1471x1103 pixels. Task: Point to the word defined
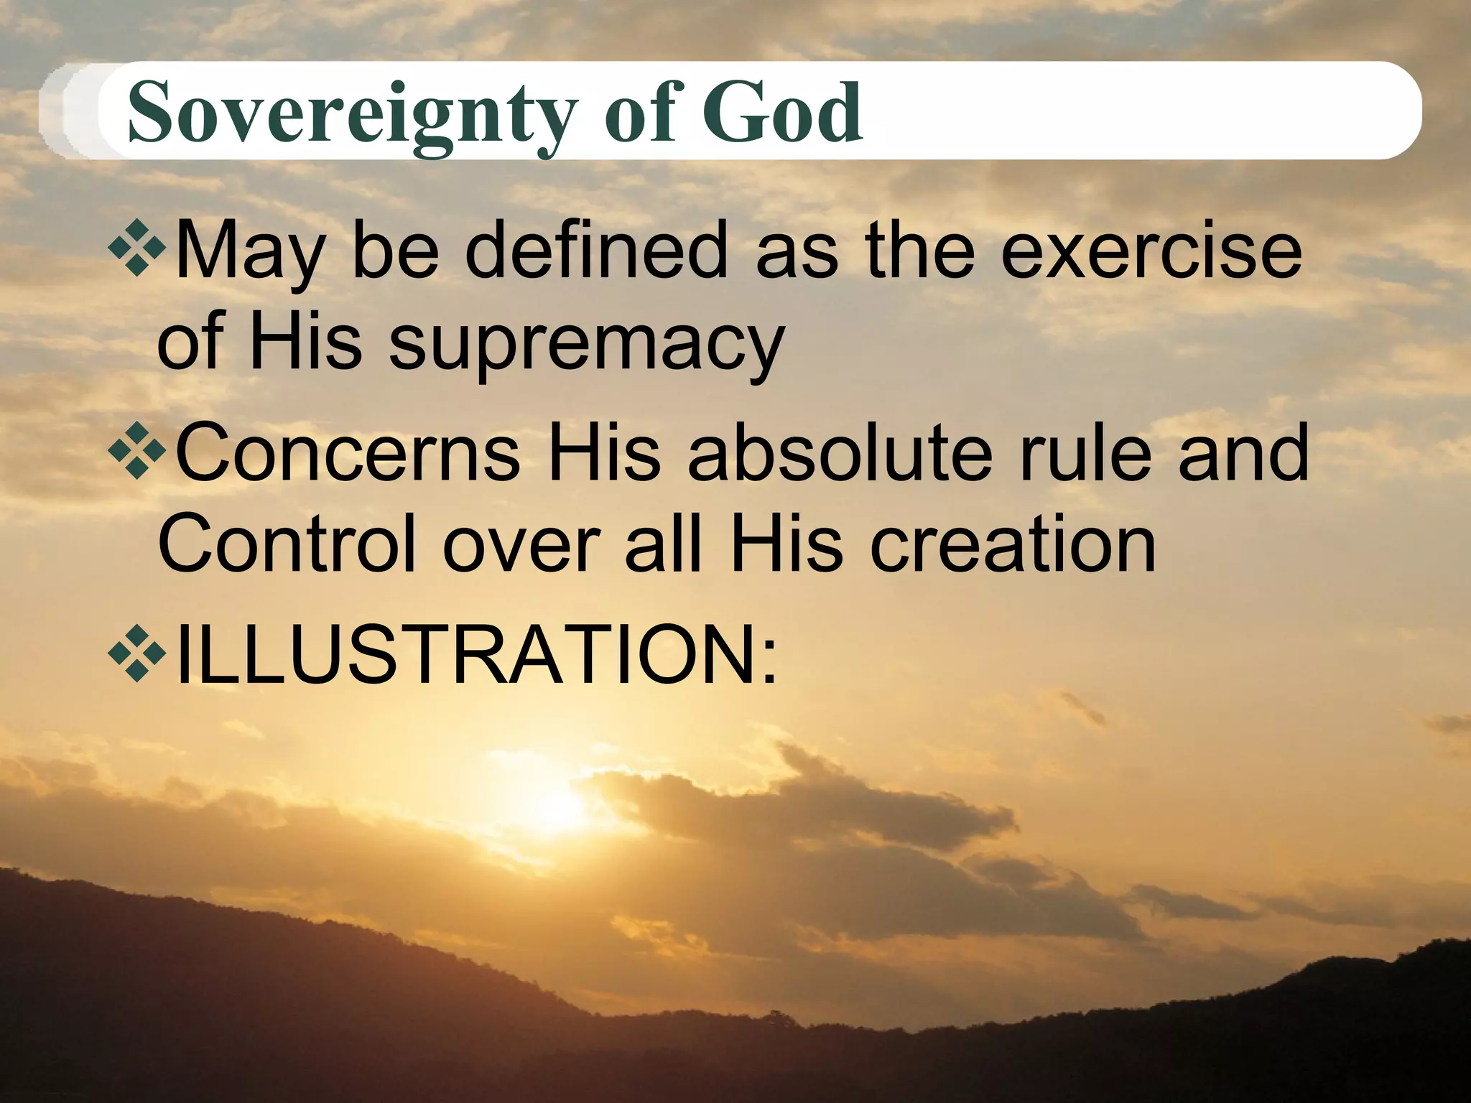pos(597,249)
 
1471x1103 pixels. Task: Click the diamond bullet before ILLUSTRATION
pos(137,653)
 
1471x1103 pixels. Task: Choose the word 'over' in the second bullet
pos(521,546)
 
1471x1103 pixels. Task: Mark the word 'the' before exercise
pos(920,249)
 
